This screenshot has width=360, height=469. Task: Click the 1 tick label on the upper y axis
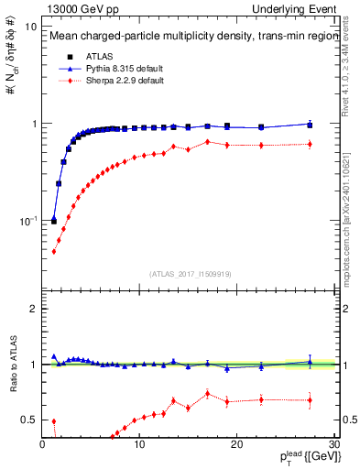tap(33, 124)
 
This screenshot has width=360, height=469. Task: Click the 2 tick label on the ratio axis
tap(33, 309)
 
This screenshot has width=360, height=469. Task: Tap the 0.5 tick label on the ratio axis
tap(29, 420)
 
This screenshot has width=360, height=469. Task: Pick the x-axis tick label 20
tap(236, 445)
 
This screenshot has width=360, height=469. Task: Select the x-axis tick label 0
tap(43, 445)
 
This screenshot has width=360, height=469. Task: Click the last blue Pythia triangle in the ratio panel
tap(310, 363)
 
